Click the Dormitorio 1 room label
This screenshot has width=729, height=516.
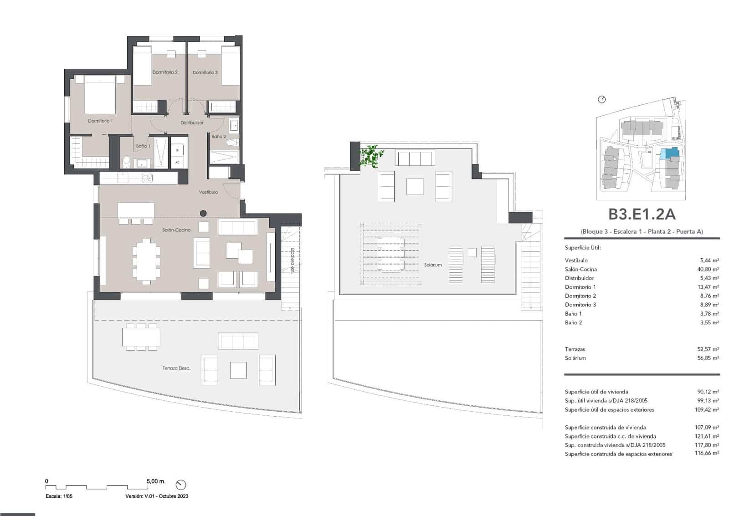click(100, 121)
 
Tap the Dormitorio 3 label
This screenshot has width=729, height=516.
click(205, 72)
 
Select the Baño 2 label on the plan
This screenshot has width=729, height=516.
click(218, 136)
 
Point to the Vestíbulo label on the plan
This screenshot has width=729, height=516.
click(208, 192)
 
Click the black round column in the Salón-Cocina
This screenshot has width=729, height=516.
click(203, 213)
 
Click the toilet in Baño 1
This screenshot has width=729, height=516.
click(127, 161)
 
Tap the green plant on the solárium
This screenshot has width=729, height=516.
click(371, 156)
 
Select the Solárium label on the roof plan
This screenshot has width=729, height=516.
click(432, 265)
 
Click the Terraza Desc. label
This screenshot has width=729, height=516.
click(176, 368)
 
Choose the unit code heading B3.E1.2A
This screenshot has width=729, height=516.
click(642, 214)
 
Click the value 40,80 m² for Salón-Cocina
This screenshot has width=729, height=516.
click(709, 269)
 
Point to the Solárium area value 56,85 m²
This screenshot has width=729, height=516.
click(709, 358)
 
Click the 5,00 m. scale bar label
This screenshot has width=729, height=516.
click(156, 481)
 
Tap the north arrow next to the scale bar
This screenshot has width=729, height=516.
click(180, 485)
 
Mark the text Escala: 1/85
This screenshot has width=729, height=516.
click(59, 496)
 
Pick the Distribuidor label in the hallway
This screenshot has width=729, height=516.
click(192, 123)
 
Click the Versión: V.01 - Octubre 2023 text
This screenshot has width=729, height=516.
click(156, 496)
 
